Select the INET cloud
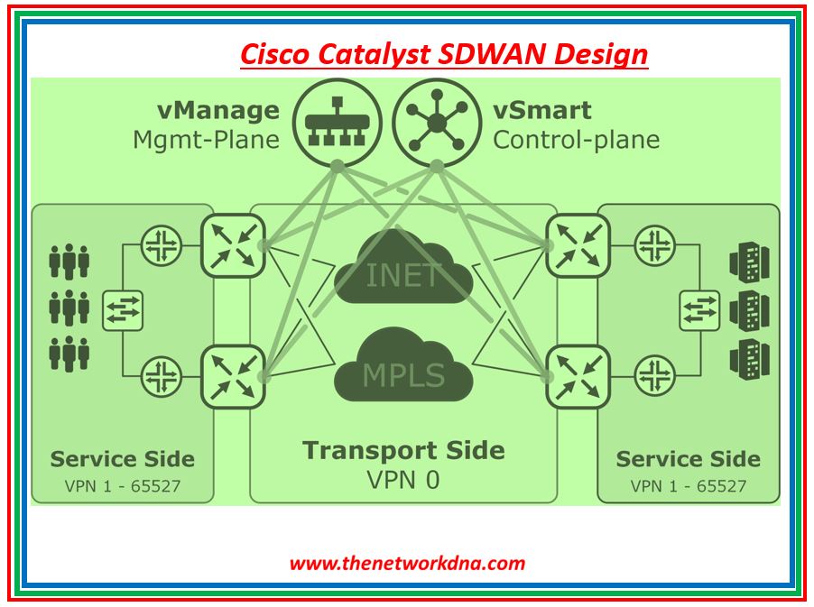coord(404,269)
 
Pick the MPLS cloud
coord(404,368)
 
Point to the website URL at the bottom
coord(406,564)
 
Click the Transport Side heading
coord(403,450)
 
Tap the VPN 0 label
coord(403,479)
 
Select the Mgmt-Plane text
coord(206,140)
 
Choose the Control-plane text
coord(576,140)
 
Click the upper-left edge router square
coord(232,245)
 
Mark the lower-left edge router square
coord(232,376)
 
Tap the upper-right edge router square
coord(576,245)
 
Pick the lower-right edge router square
coord(576,376)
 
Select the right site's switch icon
coord(699,310)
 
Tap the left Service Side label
coord(122,459)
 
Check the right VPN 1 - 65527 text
coord(688,486)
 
